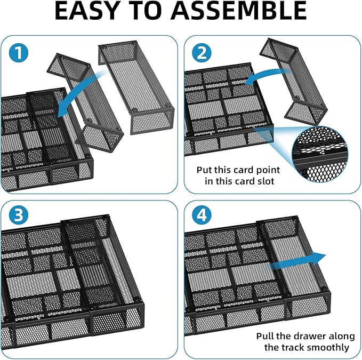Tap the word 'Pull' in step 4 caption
point(266,337)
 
